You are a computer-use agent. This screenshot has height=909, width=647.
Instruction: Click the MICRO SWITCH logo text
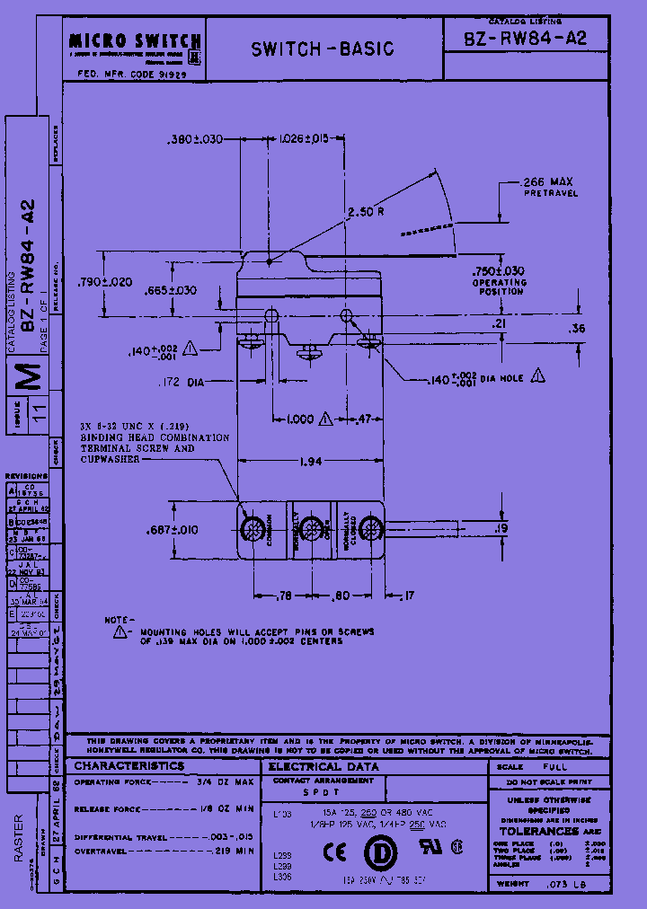click(x=135, y=40)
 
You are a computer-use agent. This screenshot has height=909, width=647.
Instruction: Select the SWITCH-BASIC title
click(x=323, y=49)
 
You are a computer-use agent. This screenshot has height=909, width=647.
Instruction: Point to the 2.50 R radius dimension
click(x=366, y=212)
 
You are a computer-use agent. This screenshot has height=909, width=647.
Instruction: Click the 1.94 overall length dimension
click(x=310, y=462)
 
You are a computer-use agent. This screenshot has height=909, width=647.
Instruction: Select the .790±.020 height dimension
click(x=106, y=282)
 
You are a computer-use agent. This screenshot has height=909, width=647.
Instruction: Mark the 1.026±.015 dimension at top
click(x=304, y=139)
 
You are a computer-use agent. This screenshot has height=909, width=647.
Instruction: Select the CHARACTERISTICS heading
click(x=129, y=766)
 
